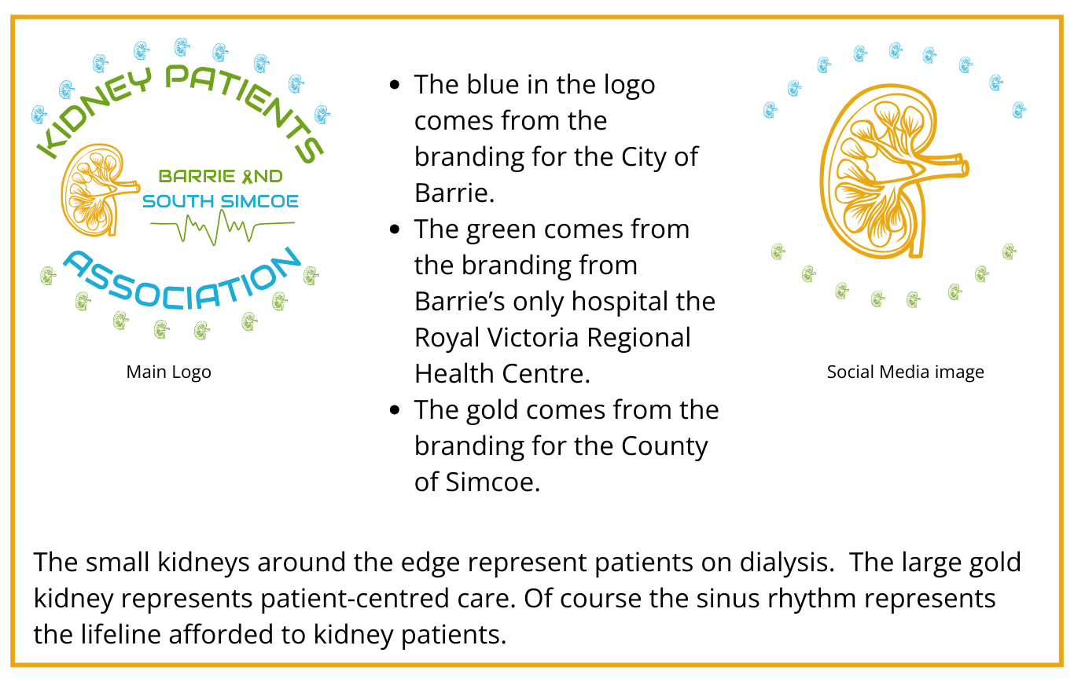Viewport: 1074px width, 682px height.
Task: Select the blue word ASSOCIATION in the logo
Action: [x=182, y=284]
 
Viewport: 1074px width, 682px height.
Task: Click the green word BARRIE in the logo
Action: [x=197, y=176]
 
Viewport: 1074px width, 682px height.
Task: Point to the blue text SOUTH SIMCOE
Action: [x=221, y=201]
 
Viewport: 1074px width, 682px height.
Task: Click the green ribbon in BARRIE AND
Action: [x=247, y=176]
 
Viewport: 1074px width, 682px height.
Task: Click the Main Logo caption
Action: [x=168, y=372]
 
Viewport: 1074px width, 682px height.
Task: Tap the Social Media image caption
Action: [x=905, y=372]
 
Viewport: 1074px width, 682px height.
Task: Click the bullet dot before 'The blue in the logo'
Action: [x=395, y=86]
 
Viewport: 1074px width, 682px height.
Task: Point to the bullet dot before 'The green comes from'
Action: [x=395, y=229]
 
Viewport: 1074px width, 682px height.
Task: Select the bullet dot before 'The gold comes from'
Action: [x=395, y=410]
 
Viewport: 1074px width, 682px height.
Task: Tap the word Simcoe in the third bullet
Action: [x=493, y=482]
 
